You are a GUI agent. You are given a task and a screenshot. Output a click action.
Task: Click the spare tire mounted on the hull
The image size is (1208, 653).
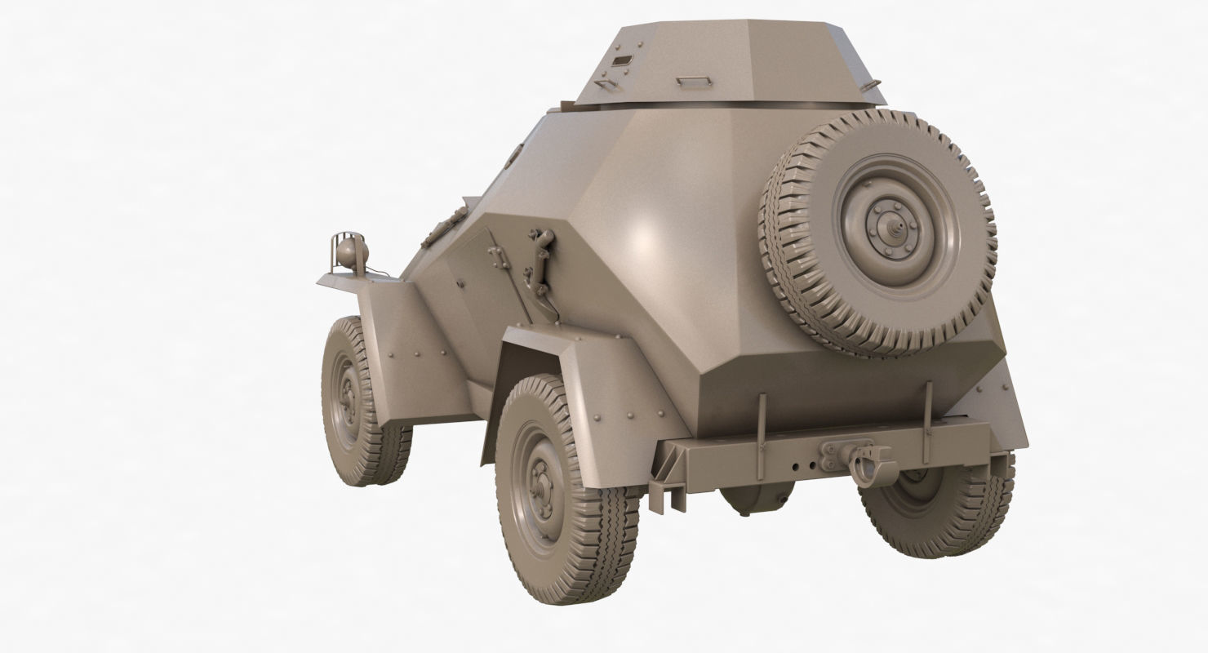tap(877, 232)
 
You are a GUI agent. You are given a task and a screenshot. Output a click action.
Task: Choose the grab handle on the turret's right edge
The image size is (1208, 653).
tap(872, 84)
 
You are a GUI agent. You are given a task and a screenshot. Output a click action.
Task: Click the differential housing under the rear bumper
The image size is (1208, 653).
tap(757, 498)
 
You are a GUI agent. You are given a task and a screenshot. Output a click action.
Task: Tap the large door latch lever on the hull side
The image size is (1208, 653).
tap(540, 261)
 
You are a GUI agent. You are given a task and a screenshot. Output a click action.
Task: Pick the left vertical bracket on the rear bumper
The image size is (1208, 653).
tap(761, 437)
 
